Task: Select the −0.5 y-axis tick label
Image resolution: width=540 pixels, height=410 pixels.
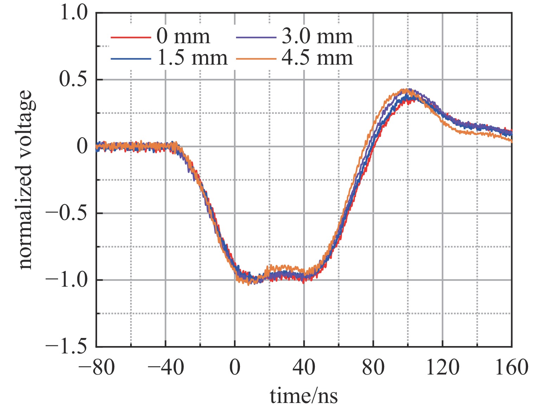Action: click(66, 213)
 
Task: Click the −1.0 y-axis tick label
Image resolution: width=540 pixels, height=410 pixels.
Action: click(66, 280)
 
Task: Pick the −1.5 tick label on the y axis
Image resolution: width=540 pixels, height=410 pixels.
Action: click(66, 346)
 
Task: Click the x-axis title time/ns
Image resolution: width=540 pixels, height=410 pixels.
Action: click(304, 396)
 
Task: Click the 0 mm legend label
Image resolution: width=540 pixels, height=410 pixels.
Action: click(183, 36)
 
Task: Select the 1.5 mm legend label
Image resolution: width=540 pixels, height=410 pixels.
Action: click(192, 58)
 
